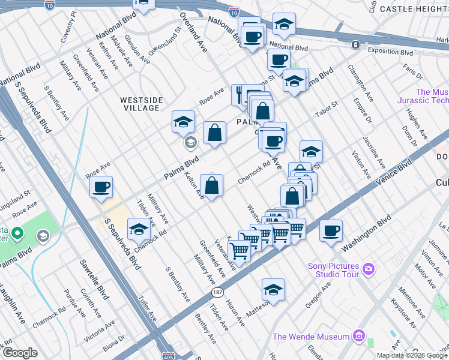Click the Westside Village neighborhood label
(x=140, y=104)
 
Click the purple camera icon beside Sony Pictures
(x=368, y=268)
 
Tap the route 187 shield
(x=217, y=292)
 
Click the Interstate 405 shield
(x=169, y=356)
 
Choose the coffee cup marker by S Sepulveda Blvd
(x=102, y=187)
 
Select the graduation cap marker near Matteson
(x=273, y=290)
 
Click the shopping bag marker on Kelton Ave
(x=212, y=186)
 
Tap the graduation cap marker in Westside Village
(x=184, y=122)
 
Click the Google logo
(x=20, y=353)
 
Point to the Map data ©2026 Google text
(x=411, y=355)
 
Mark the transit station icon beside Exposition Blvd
(x=356, y=44)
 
